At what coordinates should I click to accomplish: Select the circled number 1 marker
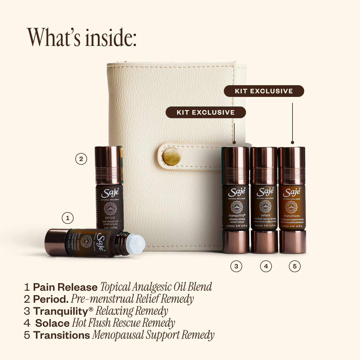click(x=67, y=218)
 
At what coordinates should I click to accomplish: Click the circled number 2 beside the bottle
click(x=81, y=159)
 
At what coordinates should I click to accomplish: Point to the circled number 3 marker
click(x=236, y=266)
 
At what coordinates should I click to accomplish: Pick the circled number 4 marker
click(x=265, y=266)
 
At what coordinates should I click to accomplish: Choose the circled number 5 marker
click(x=295, y=266)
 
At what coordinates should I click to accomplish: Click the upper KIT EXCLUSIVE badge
click(x=264, y=91)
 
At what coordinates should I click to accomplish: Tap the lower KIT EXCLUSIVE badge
click(x=205, y=112)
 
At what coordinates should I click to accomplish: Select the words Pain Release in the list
click(x=65, y=287)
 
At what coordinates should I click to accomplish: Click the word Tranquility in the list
click(x=60, y=311)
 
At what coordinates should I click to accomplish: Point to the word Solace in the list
click(x=52, y=323)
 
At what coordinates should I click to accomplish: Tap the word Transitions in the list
click(x=61, y=335)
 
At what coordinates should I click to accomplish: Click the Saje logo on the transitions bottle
click(x=292, y=192)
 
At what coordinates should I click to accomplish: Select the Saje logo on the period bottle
click(x=110, y=193)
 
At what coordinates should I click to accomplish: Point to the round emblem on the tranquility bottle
click(x=237, y=207)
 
